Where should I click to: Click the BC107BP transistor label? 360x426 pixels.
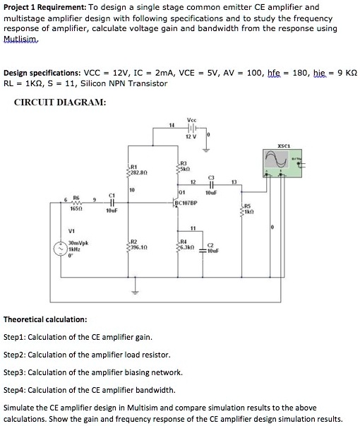186,201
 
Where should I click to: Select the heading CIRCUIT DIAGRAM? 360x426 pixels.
60,102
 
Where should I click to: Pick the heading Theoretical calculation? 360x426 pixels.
45,319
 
